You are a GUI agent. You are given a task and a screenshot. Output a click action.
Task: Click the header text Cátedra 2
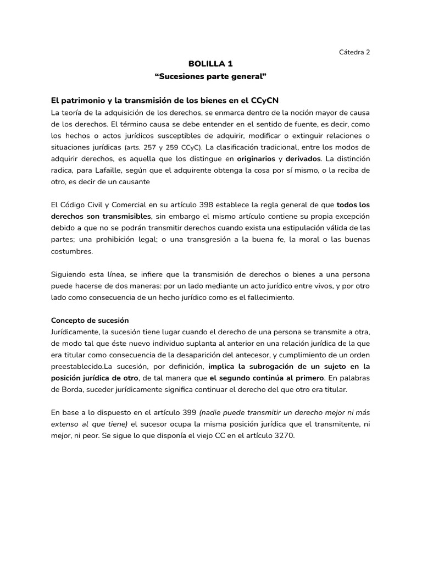click(x=354, y=52)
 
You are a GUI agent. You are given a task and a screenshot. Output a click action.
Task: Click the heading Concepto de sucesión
click(x=90, y=320)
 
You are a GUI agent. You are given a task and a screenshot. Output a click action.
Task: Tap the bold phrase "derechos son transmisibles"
click(x=101, y=217)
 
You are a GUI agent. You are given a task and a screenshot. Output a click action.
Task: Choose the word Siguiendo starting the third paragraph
click(x=69, y=274)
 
